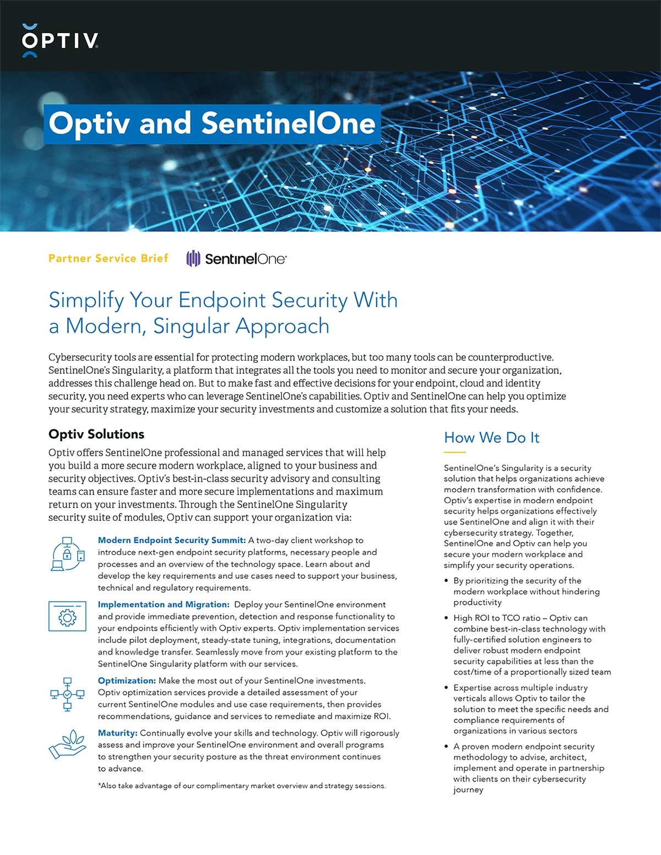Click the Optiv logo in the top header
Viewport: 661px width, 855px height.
click(x=60, y=40)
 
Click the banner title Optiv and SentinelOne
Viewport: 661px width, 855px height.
click(x=212, y=123)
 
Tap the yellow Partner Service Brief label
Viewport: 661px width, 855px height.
click(x=108, y=258)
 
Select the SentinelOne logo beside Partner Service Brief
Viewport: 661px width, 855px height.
click(x=236, y=258)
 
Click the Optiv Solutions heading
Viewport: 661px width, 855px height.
click(x=96, y=434)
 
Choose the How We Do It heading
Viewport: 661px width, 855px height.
click(x=491, y=438)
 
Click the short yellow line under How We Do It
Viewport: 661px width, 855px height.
click(x=454, y=452)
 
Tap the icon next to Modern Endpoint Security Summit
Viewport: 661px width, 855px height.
click(x=68, y=553)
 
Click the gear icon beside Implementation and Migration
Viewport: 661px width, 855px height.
click(x=67, y=617)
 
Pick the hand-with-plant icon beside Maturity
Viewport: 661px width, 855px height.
click(x=67, y=744)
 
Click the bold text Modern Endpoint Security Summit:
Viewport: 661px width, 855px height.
click(x=171, y=540)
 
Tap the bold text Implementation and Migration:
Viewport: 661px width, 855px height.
click(x=163, y=605)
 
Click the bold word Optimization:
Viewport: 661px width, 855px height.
click(x=127, y=680)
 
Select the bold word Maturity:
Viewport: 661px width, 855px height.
click(x=117, y=733)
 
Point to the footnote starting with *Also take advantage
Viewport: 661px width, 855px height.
click(x=242, y=786)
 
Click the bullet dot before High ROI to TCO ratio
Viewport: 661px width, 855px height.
click(x=446, y=618)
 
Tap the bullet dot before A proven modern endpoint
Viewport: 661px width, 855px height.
click(x=446, y=747)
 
